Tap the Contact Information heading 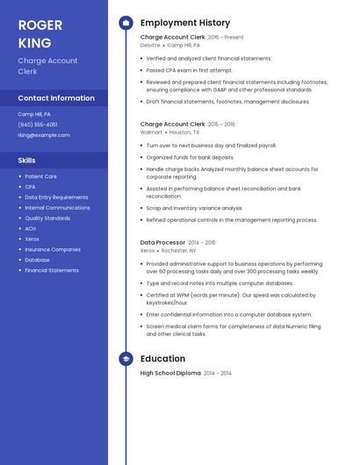[x=56, y=98]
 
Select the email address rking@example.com [x=44, y=135]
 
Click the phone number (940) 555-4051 [x=38, y=125]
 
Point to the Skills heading [x=27, y=161]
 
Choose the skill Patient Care [x=40, y=176]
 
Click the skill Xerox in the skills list [x=32, y=239]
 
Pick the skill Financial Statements [x=52, y=270]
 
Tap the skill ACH [x=30, y=228]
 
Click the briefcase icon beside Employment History [x=126, y=23]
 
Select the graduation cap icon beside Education [x=126, y=359]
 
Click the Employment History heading [x=184, y=23]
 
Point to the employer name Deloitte [x=150, y=45]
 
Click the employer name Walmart [x=151, y=132]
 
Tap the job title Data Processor [x=162, y=242]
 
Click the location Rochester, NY [x=180, y=250]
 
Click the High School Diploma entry [x=170, y=373]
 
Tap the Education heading [x=162, y=359]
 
